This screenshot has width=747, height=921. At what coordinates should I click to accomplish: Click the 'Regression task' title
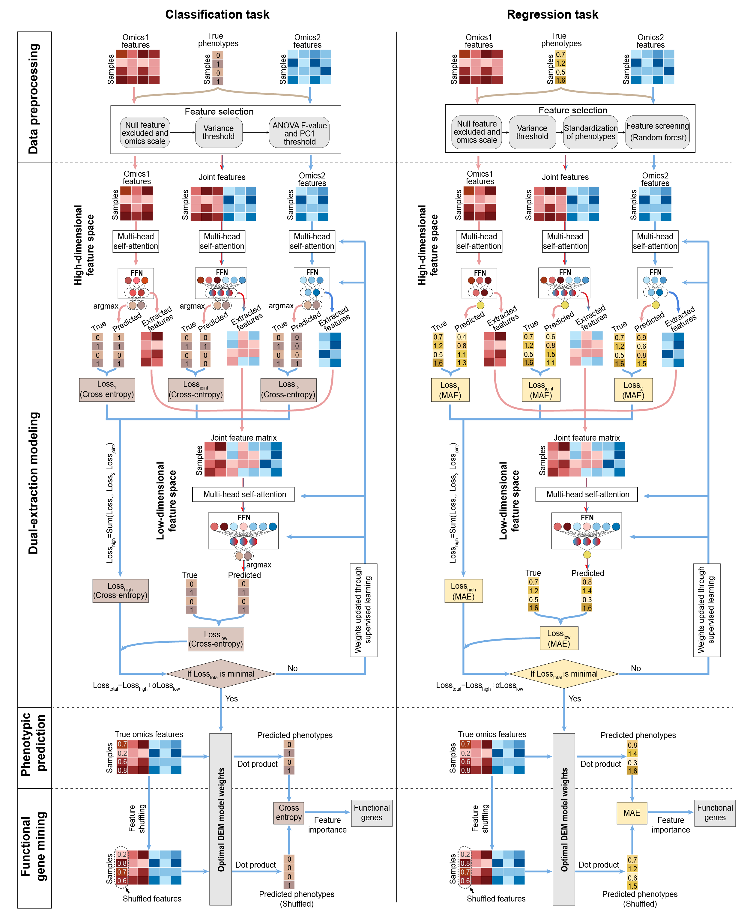pyautogui.click(x=552, y=15)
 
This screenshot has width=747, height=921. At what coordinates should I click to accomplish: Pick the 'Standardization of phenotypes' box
pyautogui.click(x=590, y=132)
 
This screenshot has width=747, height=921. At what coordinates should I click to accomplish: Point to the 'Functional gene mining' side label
pyautogui.click(x=34, y=847)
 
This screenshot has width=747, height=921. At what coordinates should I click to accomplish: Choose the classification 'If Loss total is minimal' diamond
pyautogui.click(x=220, y=674)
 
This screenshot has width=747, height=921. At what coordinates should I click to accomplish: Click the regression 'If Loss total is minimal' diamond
pyautogui.click(x=564, y=674)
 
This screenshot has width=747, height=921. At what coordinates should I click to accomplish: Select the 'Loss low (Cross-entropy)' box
pyautogui.click(x=216, y=639)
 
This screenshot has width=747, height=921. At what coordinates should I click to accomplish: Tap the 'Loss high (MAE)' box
pyautogui.click(x=463, y=591)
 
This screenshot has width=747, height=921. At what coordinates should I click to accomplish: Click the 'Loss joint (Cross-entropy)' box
pyautogui.click(x=196, y=390)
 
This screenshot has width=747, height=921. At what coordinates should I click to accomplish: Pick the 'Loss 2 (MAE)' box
pyautogui.click(x=633, y=390)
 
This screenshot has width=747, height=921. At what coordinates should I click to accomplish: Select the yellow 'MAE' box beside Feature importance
pyautogui.click(x=631, y=812)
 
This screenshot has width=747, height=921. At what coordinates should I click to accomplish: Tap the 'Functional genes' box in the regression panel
pyautogui.click(x=714, y=812)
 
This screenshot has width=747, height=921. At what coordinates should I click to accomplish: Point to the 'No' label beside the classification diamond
pyautogui.click(x=293, y=668)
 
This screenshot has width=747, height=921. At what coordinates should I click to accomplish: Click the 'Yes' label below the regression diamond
pyautogui.click(x=575, y=698)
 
